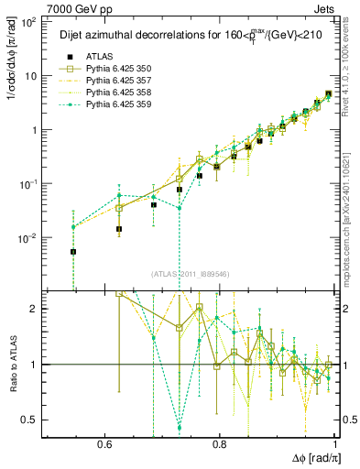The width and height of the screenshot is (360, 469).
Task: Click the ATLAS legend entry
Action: coord(95,57)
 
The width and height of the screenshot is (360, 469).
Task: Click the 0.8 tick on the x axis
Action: coord(220,442)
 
